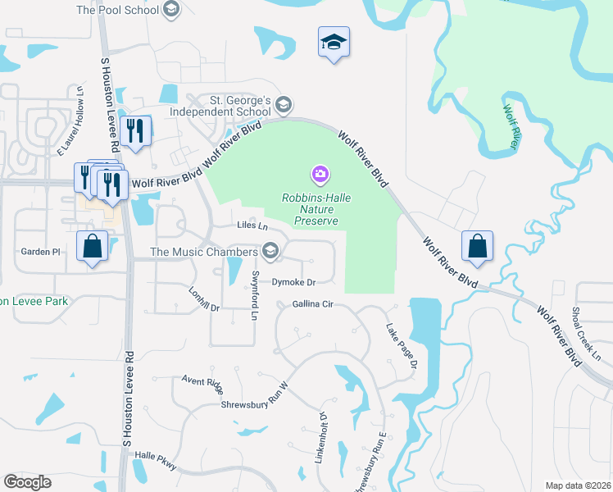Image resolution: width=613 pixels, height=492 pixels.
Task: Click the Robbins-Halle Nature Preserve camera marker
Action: pos(320,174)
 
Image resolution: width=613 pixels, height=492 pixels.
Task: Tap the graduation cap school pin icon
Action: pos(334,41)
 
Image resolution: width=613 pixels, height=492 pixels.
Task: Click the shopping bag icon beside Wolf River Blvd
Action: pos(476,245)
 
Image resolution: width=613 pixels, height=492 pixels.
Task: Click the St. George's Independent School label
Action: pos(220,106)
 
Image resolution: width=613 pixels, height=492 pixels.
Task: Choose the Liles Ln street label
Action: pos(252,225)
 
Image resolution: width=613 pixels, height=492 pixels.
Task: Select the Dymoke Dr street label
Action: pos(293,282)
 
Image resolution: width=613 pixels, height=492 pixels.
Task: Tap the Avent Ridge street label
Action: pos(202,381)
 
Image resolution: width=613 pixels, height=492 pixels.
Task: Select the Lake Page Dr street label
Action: pos(402,344)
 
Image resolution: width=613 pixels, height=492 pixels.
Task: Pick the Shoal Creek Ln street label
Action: pos(587,334)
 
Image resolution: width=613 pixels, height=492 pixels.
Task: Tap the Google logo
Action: pos(27,482)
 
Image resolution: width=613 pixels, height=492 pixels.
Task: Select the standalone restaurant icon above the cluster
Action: pos(134,130)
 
